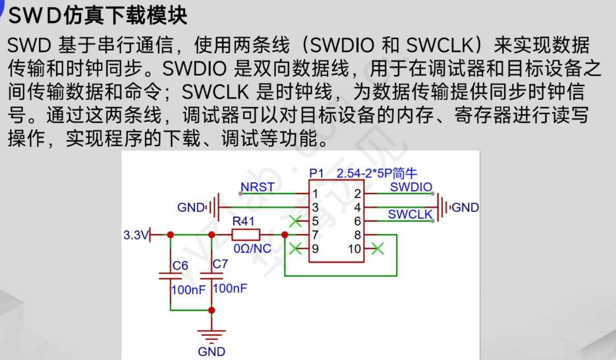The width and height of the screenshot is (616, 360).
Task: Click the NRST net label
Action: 257,187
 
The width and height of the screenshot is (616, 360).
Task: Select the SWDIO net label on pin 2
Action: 411,187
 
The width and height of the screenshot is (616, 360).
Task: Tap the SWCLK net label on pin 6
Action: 410,214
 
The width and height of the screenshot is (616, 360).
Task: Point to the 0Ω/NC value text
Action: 252,249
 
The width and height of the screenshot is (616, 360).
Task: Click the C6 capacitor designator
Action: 180,266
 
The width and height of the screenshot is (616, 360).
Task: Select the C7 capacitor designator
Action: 220,264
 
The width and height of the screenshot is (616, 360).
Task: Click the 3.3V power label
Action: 135,235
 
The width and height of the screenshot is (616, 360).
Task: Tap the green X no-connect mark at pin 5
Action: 295,221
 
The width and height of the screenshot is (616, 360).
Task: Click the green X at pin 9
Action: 295,249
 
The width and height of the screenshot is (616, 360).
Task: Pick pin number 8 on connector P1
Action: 357,235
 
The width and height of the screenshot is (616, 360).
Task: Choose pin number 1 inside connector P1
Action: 315,194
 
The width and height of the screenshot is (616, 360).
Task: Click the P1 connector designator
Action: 316,173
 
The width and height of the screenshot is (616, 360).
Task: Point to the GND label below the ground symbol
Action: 212,352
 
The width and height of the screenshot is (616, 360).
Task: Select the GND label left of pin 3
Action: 191,208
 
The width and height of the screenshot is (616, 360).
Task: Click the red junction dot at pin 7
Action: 285,235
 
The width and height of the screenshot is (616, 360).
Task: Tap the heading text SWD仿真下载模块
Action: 98,16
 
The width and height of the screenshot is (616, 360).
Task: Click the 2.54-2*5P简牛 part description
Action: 376,173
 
